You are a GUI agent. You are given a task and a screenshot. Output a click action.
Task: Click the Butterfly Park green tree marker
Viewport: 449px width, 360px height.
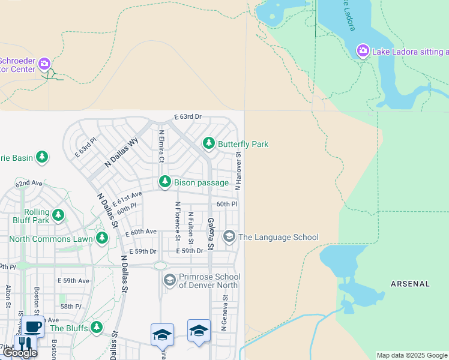pyautogui.click(x=209, y=143)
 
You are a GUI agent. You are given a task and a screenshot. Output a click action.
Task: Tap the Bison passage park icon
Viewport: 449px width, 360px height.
pyautogui.click(x=165, y=181)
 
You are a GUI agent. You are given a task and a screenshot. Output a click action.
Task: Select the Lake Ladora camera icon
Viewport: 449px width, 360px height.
pyautogui.click(x=363, y=51)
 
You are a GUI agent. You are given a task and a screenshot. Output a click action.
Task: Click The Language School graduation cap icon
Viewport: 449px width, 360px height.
pyautogui.click(x=229, y=237)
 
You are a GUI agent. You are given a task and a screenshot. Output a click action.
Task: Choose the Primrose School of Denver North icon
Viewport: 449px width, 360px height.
pyautogui.click(x=170, y=280)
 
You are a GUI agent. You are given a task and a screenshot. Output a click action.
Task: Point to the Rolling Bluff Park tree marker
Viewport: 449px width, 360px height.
pyautogui.click(x=58, y=215)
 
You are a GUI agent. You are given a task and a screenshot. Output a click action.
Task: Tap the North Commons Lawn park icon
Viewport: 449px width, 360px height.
pyautogui.click(x=102, y=239)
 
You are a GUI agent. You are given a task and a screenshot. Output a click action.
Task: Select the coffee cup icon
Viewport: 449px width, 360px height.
pyautogui.click(x=32, y=327)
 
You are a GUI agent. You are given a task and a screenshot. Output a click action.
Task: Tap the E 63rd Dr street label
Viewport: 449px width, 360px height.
pyautogui.click(x=188, y=116)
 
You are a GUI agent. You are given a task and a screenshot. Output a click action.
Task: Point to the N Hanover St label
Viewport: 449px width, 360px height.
pyautogui.click(x=238, y=172)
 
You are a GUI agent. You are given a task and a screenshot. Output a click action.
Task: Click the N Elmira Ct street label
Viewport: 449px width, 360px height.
pyautogui.click(x=161, y=147)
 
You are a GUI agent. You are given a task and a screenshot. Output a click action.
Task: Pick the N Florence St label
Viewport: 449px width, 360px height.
pyautogui.click(x=178, y=221)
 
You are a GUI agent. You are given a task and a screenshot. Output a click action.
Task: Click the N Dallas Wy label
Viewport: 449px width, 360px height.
pyautogui.click(x=122, y=152)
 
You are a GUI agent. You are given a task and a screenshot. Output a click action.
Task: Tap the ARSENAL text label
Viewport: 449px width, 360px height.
pyautogui.click(x=410, y=284)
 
